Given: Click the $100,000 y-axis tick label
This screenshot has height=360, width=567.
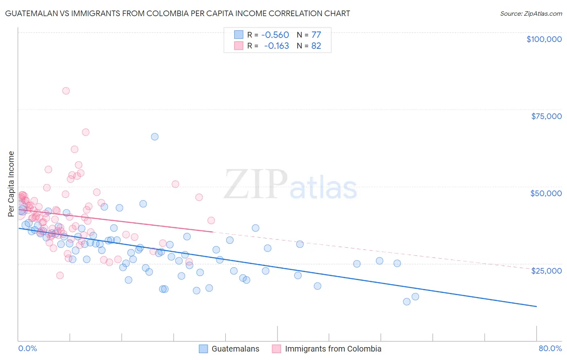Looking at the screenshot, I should [544, 39].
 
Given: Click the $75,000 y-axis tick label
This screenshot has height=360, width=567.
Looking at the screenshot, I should [546, 116].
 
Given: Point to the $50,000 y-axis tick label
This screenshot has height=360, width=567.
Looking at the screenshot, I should [546, 193].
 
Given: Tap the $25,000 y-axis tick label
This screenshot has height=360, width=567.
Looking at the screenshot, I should [546, 271].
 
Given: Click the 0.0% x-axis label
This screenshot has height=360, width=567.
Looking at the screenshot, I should [27, 348].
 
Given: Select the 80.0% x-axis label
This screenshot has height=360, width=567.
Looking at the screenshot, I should [550, 348].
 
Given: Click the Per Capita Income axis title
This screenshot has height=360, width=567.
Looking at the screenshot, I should [11, 184].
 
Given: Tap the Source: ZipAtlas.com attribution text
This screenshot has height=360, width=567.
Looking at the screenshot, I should [531, 13].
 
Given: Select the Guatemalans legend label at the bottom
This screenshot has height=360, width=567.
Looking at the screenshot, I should [236, 349].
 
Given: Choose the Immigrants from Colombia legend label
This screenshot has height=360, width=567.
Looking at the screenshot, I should [333, 349].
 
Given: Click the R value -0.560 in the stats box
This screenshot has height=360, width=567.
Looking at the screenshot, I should [275, 35].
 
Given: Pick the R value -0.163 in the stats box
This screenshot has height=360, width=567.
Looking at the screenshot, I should [276, 46].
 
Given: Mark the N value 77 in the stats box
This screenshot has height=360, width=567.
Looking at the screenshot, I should [316, 35].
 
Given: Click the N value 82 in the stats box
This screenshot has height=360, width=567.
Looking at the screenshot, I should [316, 46].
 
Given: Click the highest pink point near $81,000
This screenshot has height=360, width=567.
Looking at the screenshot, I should [66, 91].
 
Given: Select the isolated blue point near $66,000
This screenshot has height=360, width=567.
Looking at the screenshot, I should [154, 136].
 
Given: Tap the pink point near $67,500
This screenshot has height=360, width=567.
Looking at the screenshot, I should [85, 132].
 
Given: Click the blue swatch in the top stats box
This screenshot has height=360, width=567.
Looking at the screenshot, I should [239, 35].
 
